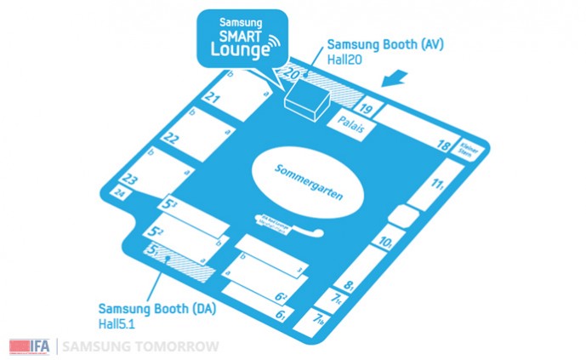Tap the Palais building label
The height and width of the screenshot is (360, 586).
coord(350,131)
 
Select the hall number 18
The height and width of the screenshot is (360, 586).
coord(443,146)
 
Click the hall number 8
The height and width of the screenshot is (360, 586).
coord(350,287)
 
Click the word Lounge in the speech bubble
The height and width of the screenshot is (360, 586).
coord(239,50)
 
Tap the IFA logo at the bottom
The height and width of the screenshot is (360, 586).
coord(30,346)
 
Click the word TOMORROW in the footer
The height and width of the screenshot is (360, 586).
coord(180,346)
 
